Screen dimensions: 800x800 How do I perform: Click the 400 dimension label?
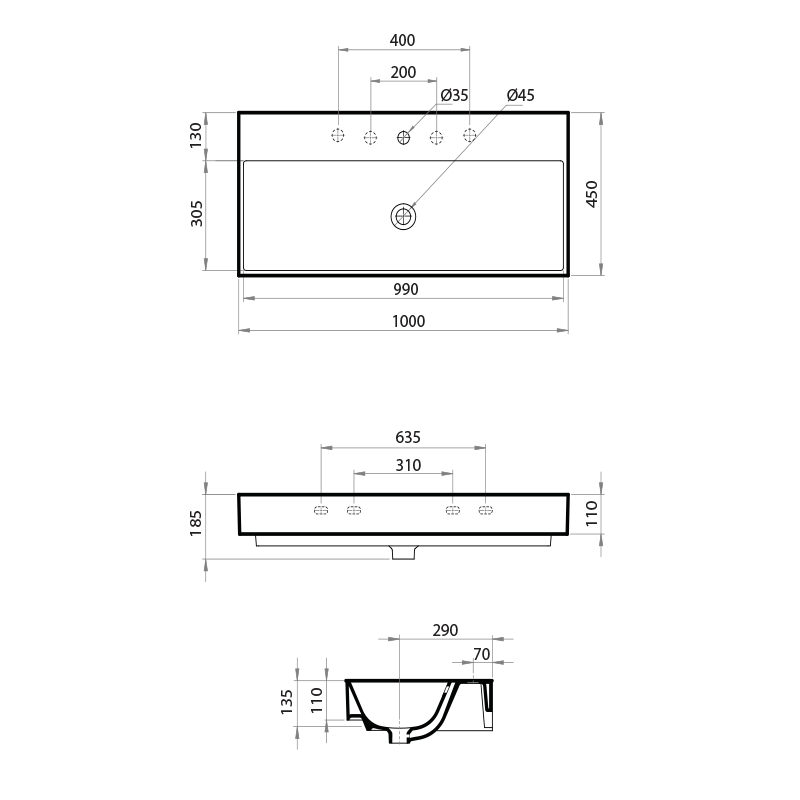pyautogui.click(x=402, y=40)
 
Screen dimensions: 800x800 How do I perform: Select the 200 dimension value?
pyautogui.click(x=403, y=72)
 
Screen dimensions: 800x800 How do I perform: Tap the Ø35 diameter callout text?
pyautogui.click(x=455, y=95)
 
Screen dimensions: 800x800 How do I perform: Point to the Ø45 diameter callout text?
pyautogui.click(x=521, y=95)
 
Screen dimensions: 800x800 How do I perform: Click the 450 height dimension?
pyautogui.click(x=591, y=194)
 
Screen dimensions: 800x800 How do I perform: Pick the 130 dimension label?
pyautogui.click(x=196, y=135)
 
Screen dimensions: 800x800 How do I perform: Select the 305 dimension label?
pyautogui.click(x=196, y=213)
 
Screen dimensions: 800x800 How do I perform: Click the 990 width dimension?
pyautogui.click(x=404, y=289)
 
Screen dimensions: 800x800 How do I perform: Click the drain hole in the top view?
pyautogui.click(x=403, y=215)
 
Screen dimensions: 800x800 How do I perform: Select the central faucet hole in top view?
pyautogui.click(x=404, y=136)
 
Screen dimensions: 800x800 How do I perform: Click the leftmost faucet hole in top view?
pyautogui.click(x=338, y=136)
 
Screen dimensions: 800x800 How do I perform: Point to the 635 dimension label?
pyautogui.click(x=408, y=437)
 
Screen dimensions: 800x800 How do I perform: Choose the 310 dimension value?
pyautogui.click(x=407, y=465)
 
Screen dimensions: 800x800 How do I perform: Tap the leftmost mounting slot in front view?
pyautogui.click(x=321, y=511)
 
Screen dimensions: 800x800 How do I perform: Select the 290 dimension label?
pyautogui.click(x=445, y=630)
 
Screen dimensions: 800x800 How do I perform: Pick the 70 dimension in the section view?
pyautogui.click(x=481, y=654)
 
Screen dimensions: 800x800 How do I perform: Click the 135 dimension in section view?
pyautogui.click(x=287, y=701)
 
